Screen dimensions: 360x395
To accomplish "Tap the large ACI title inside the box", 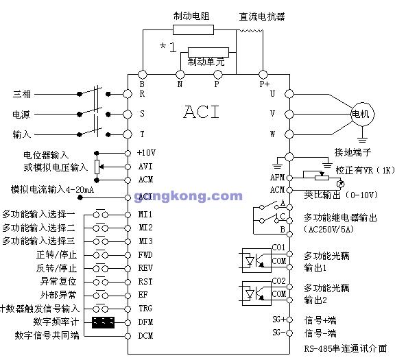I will tap(202, 111).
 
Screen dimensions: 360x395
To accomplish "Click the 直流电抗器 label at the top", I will tap(261, 16).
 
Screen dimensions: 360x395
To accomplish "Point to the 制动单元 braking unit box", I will tap(206, 61).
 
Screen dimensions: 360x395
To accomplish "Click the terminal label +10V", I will tap(146, 152).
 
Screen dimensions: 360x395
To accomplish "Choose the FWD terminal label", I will tap(145, 254).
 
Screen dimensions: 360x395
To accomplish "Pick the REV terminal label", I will tap(145, 268).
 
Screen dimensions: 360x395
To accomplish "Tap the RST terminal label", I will tap(145, 281).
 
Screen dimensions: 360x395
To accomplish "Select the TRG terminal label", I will tap(145, 308).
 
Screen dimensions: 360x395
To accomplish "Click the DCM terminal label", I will tap(145, 335).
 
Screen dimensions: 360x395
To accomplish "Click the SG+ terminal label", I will tap(278, 320).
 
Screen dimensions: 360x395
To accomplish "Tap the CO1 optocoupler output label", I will tap(278, 247).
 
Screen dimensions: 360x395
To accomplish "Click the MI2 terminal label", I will tap(145, 227).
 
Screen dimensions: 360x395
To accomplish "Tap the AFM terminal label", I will tap(278, 177).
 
